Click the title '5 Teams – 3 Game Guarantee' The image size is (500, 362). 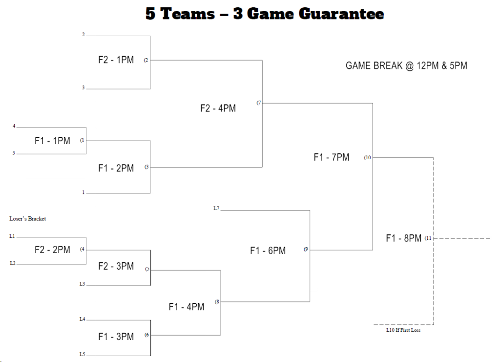pyautogui.click(x=265, y=14)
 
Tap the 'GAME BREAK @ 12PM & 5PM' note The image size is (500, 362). pyautogui.click(x=406, y=65)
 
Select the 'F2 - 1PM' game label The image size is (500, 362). pyautogui.click(x=116, y=60)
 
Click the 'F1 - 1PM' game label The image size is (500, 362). pyautogui.click(x=52, y=141)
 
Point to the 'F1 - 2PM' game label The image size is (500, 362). pyautogui.click(x=116, y=168)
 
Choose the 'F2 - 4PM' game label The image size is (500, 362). pyautogui.click(x=218, y=108)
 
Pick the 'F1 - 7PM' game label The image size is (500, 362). pyautogui.click(x=331, y=157)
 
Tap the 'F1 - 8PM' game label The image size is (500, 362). pyautogui.click(x=404, y=238)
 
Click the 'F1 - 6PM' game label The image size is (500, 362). pyautogui.click(x=268, y=251)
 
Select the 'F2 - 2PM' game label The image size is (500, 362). pyautogui.click(x=52, y=250)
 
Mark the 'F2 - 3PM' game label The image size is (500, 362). pyautogui.click(x=116, y=266)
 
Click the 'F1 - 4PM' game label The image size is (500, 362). pyautogui.click(x=187, y=307)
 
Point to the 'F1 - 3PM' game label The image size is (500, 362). pyautogui.click(x=116, y=337)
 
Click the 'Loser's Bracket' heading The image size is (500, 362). pyautogui.click(x=28, y=219)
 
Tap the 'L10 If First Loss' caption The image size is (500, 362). pyautogui.click(x=403, y=330)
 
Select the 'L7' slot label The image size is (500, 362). pyautogui.click(x=216, y=209)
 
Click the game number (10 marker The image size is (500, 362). pyautogui.click(x=368, y=158)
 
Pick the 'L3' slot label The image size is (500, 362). pyautogui.click(x=83, y=284)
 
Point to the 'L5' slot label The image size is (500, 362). pyautogui.click(x=83, y=354)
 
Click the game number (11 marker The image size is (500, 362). pyautogui.click(x=428, y=238)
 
